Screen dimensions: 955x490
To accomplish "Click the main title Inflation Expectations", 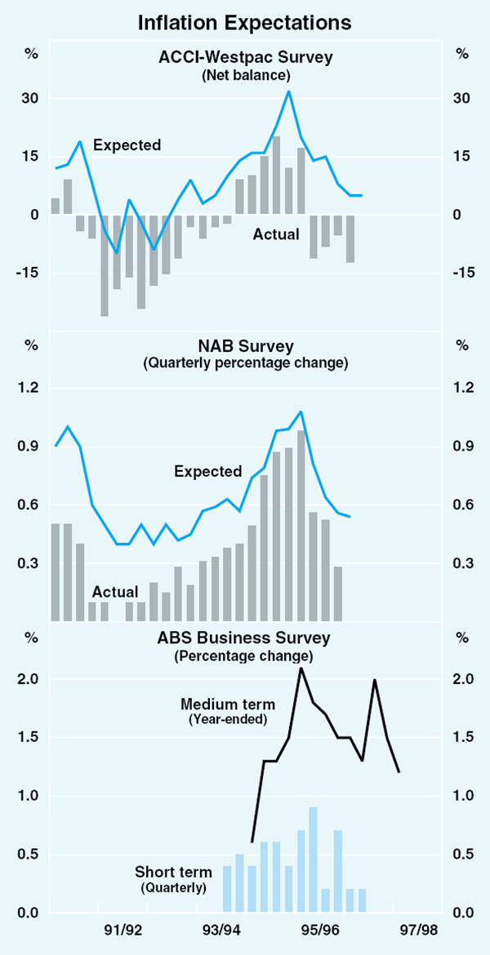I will [x=245, y=22].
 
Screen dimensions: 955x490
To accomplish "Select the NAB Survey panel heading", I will [x=246, y=346].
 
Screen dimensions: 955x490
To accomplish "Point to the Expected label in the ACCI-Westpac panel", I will [x=127, y=145].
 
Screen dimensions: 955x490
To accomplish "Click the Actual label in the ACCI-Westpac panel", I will [x=276, y=234].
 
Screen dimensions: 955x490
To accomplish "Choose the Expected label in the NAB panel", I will [x=207, y=471].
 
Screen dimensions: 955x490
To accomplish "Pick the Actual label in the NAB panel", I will [x=114, y=591].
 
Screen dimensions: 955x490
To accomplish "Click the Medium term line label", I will [x=228, y=704].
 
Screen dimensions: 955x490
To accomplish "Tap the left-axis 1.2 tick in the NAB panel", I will [x=31, y=388].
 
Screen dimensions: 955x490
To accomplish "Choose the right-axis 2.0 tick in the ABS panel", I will [x=462, y=679].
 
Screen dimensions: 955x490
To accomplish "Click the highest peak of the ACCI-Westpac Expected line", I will [x=288, y=91].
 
